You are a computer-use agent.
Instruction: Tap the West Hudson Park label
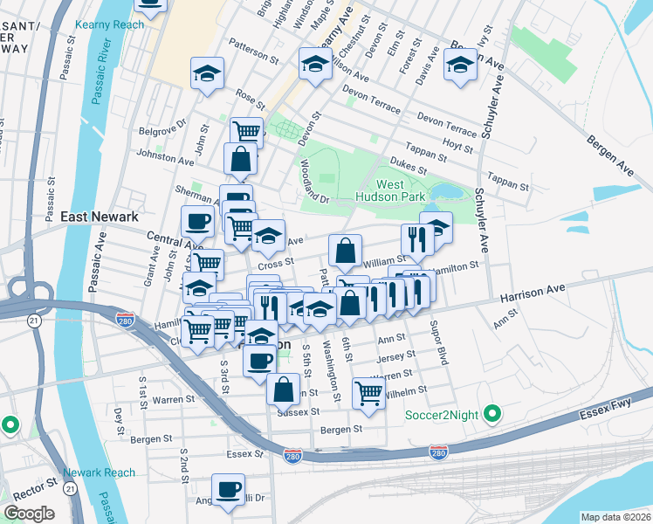(x=402, y=191)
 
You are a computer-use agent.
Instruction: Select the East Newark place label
(x=97, y=216)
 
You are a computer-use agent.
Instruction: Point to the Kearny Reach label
(x=110, y=25)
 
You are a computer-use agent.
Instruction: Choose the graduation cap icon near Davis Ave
(x=460, y=64)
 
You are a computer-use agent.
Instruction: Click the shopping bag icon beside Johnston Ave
(x=240, y=160)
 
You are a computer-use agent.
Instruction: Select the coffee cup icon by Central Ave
(x=197, y=221)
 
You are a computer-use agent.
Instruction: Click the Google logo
(x=30, y=514)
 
